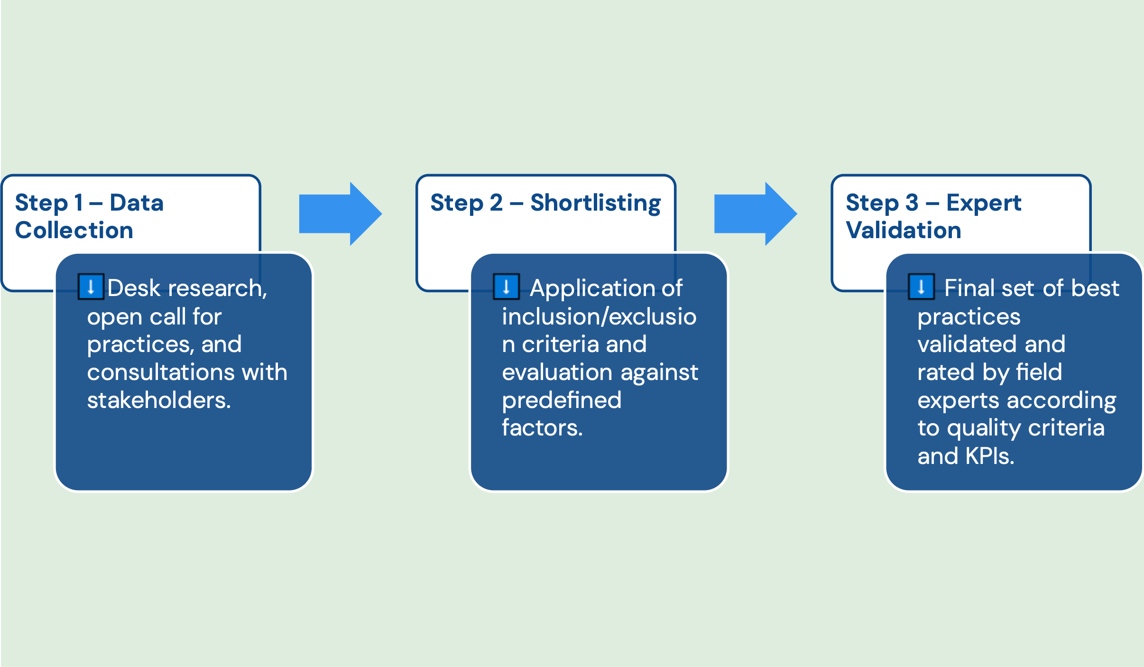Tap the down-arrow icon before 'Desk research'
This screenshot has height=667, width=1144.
pos(91,287)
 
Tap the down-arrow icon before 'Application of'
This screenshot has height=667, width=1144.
pos(506,287)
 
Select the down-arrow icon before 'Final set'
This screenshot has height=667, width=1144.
pos(921,287)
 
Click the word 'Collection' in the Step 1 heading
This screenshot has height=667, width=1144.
pos(74,231)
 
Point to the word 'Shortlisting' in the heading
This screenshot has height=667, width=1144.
pos(595,203)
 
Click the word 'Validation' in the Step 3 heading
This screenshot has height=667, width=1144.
pos(903,231)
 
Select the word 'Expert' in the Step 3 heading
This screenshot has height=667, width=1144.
pos(983,203)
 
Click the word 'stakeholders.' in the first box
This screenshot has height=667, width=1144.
pos(159,400)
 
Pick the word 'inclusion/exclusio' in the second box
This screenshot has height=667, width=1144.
pos(599,316)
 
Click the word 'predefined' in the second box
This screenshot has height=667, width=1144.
pos(562,400)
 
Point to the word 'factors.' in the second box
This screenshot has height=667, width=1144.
pos(542,428)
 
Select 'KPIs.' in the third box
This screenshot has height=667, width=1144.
pos(990,456)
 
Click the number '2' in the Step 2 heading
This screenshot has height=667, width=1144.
pos(496,203)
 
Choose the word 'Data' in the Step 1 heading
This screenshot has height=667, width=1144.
pos(137,203)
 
